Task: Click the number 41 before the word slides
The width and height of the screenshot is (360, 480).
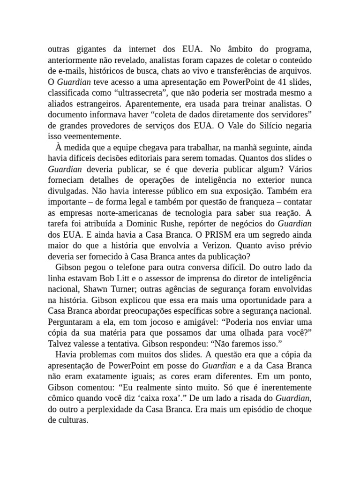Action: click(274, 82)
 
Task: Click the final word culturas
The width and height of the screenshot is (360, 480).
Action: click(73, 420)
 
